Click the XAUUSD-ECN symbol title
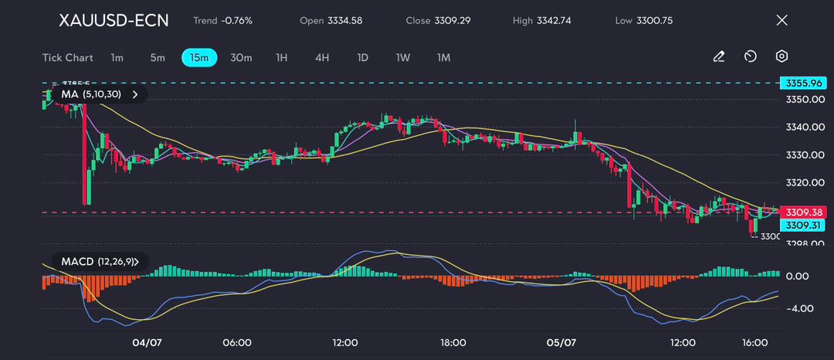114,20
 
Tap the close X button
781,20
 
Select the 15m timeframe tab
199,57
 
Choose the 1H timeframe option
281,57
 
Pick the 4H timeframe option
322,57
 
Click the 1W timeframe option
403,57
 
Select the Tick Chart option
67,57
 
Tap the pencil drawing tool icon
718,56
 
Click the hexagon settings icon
781,56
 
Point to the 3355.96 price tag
804,83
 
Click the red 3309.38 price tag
804,212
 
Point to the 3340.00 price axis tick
805,127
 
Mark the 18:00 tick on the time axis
453,342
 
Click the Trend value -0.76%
236,20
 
